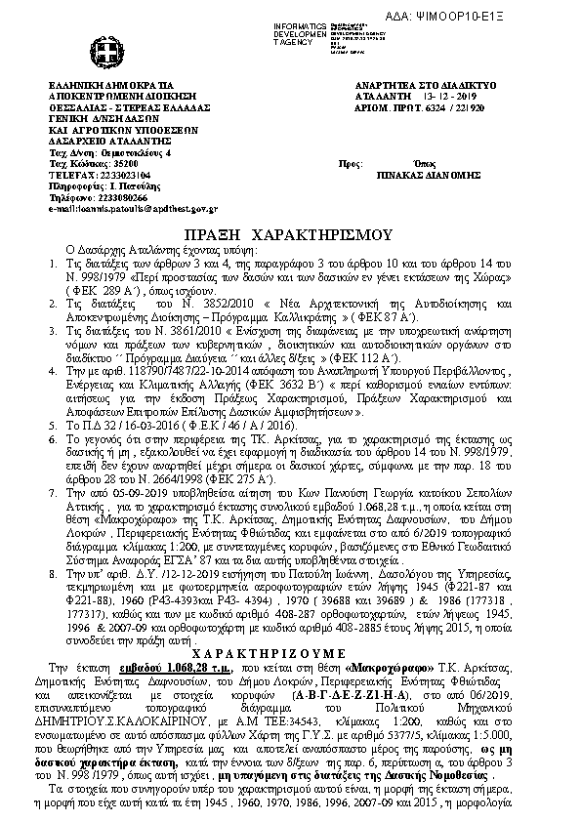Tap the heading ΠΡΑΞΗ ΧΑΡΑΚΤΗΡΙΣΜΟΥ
tap(289, 236)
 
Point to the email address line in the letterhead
tap(132, 209)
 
